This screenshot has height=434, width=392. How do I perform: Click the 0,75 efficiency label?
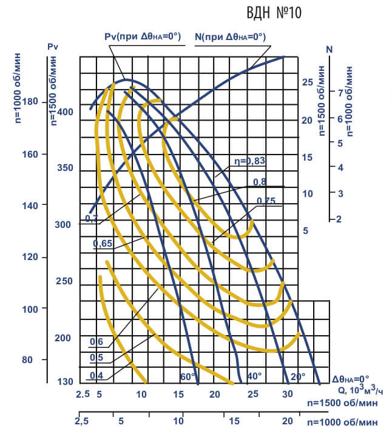click(x=266, y=201)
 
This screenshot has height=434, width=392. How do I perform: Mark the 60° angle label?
click(x=188, y=377)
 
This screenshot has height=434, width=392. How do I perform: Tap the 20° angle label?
click(x=298, y=376)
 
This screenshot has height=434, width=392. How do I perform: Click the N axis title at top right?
click(x=329, y=48)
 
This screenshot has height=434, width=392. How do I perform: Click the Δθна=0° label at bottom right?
click(x=353, y=379)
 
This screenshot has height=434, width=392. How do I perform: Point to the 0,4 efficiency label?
click(x=96, y=376)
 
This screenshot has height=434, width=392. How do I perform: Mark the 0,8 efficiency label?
click(x=260, y=181)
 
